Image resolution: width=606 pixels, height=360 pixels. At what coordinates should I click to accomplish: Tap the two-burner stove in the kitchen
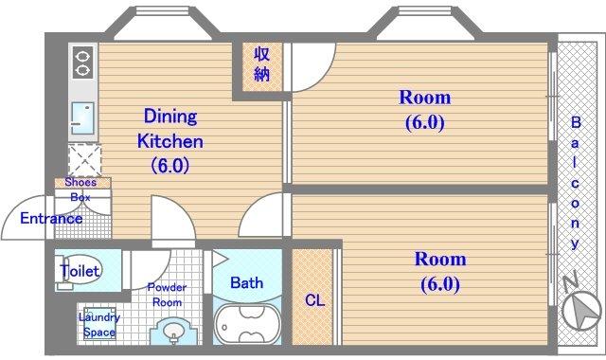82,63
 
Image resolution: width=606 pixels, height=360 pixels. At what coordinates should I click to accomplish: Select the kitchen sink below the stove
82,117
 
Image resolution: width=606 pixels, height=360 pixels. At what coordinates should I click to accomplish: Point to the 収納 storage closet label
261,63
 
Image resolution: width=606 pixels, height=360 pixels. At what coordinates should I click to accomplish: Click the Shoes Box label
80,189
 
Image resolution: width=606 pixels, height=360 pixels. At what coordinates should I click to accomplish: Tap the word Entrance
51,219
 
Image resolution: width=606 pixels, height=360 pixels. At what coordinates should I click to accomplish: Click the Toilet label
80,271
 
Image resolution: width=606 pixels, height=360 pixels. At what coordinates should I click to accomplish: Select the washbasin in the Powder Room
173,332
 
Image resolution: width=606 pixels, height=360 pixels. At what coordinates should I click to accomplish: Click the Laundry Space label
99,325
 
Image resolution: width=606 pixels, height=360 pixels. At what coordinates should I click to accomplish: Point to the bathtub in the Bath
247,324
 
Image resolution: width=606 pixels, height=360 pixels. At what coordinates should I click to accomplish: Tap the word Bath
246,282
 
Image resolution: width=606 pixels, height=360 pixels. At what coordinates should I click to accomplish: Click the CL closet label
314,300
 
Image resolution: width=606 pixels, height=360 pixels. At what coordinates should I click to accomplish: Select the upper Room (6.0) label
425,110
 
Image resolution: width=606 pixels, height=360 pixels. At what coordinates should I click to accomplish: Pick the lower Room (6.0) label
440,272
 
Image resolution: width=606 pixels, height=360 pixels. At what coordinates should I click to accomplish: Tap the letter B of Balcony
576,122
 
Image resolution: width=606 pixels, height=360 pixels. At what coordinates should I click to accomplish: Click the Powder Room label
167,295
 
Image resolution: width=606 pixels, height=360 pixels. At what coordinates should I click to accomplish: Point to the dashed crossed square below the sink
84,160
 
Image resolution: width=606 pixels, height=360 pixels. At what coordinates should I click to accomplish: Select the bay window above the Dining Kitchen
163,23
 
